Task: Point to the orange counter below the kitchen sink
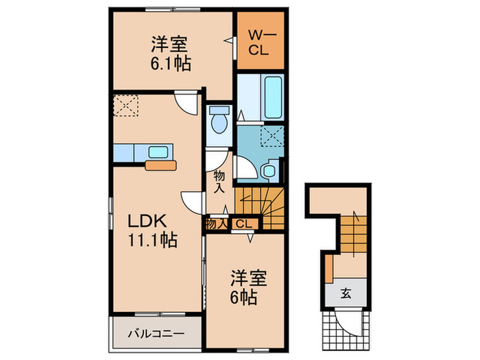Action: [160, 165]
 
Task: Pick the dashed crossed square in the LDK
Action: [127, 106]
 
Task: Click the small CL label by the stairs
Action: [245, 224]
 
